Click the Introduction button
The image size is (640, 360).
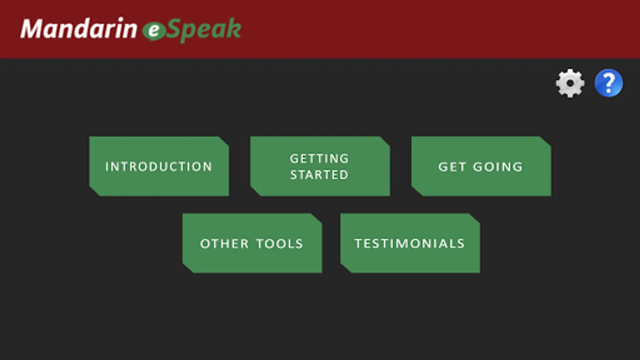[159, 166]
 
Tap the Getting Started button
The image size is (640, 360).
[320, 166]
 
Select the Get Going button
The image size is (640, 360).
[481, 166]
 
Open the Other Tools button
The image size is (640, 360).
[252, 243]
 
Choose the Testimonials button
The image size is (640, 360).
[410, 243]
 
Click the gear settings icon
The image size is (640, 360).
[570, 83]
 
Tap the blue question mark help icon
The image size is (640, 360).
[609, 83]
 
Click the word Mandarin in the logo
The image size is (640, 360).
[78, 28]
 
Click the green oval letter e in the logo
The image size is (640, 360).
[154, 31]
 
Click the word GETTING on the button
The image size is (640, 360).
[320, 158]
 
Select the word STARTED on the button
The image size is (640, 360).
[320, 174]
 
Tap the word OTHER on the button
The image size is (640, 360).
[224, 244]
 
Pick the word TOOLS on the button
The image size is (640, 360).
[280, 244]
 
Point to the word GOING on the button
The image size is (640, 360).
[498, 167]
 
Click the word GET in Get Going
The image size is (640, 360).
[452, 167]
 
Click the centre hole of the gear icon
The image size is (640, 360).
[570, 83]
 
